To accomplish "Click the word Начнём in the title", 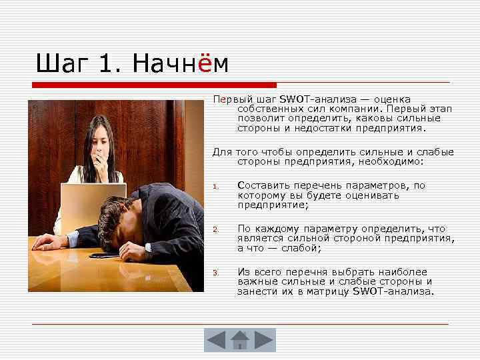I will click(180, 64).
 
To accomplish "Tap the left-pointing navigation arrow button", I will click(217, 340).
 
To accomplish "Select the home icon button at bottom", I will click(239, 340).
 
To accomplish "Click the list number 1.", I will click(215, 187).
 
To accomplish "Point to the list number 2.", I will click(215, 230).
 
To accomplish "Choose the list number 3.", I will click(215, 273).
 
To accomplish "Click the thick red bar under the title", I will click(153, 85).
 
